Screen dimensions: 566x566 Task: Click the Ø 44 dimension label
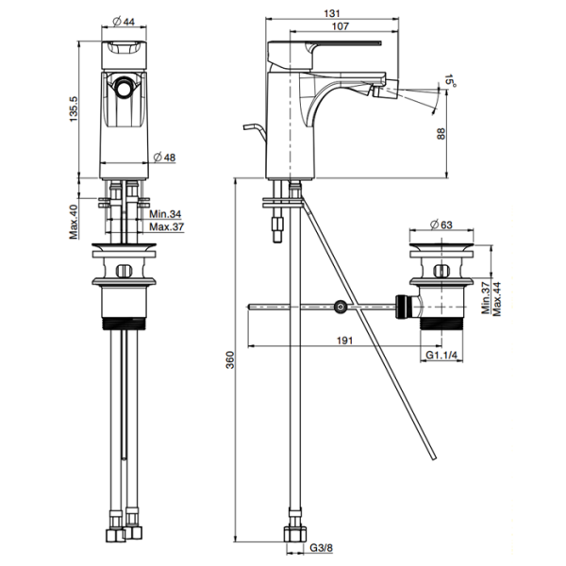coord(124,22)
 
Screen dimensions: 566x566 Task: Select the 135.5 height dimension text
coord(74,108)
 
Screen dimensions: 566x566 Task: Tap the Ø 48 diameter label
coord(164,158)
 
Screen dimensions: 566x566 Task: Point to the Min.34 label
coord(165,214)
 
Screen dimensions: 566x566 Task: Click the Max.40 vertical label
coord(74,222)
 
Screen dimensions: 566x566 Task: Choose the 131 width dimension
coord(332,14)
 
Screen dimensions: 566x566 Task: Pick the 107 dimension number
coord(340,26)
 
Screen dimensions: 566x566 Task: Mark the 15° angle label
coord(450,81)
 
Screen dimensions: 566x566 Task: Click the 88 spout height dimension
coord(441,134)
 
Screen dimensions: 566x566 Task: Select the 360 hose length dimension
coord(230,360)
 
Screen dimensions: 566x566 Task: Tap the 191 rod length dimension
coord(344,341)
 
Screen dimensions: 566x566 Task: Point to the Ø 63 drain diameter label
coord(441,225)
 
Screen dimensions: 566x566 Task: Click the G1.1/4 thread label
coord(441,355)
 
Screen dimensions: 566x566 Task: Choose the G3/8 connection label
coord(322,548)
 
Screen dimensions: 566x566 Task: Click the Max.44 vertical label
coord(497,299)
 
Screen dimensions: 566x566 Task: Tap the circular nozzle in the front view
coord(124,87)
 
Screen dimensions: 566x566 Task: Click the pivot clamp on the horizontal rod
coord(340,307)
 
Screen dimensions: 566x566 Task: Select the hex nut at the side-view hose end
coord(295,534)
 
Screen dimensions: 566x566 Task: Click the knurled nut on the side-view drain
coord(402,307)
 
